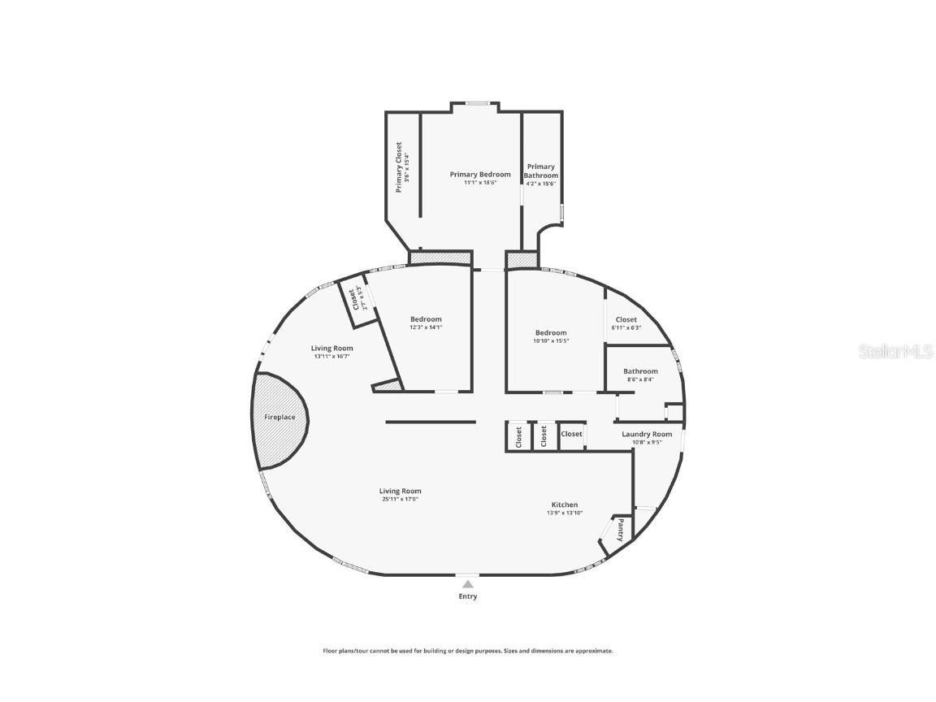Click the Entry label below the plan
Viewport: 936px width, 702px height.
467,596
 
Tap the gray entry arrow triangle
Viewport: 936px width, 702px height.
467,583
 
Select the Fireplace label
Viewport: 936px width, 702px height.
279,417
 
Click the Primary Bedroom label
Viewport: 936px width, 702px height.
480,175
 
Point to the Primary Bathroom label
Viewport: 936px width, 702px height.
540,171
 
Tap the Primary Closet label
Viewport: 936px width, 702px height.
399,167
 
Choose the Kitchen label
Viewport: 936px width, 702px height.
564,505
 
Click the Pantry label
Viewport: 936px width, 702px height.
621,531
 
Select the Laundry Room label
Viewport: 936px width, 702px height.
647,434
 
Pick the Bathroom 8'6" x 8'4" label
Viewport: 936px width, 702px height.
640,371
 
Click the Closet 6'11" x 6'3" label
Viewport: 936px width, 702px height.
626,319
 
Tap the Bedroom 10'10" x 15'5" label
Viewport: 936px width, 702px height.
550,332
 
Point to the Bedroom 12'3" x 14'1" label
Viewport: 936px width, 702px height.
426,319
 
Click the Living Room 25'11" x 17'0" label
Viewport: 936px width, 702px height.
400,491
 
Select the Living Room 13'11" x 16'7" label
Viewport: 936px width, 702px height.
331,348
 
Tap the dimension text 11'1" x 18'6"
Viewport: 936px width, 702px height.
480,184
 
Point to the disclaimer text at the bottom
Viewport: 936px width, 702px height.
468,651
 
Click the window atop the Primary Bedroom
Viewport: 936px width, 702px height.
477,103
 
